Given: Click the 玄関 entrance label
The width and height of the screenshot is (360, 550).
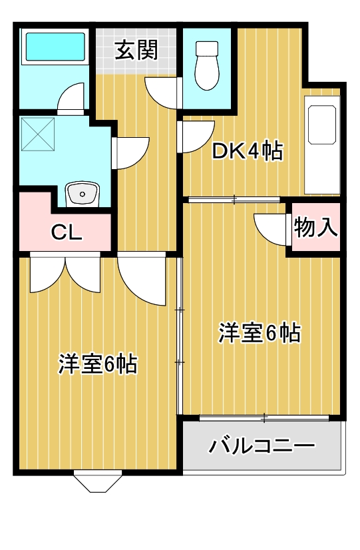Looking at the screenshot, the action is point(136,51).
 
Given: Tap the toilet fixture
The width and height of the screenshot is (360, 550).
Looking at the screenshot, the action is point(207,66).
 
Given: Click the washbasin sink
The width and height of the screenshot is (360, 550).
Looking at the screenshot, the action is point(83,194).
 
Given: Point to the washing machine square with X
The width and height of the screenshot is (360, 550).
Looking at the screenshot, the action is point(38,134).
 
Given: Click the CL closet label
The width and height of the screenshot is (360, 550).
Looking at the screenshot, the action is point(67,232).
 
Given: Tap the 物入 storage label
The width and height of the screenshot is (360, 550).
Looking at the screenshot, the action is point(316,227).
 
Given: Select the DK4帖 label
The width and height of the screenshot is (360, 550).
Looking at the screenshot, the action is point(248,151).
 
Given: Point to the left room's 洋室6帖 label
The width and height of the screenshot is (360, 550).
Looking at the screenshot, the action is point(97,364).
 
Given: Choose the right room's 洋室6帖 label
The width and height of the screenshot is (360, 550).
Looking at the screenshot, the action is point(260,333).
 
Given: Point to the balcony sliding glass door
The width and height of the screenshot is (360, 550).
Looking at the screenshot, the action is point(264,417).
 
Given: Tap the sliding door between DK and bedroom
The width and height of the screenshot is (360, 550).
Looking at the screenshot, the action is point(234,200).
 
